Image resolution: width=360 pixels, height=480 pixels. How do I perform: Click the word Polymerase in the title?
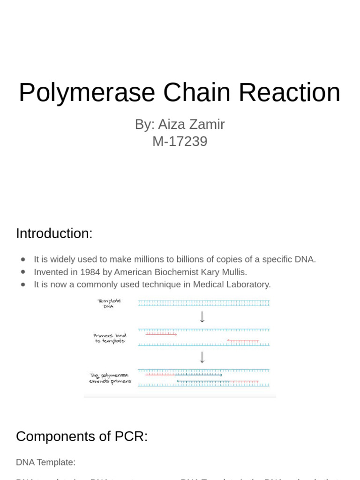(87, 92)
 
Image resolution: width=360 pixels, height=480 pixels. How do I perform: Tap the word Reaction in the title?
(289, 92)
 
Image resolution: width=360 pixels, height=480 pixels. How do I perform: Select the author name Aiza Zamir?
(191, 124)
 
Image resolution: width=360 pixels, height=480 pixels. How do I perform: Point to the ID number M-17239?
(180, 141)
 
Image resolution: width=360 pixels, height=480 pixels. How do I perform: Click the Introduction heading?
(54, 233)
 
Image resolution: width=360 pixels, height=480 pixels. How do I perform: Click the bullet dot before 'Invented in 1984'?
(23, 272)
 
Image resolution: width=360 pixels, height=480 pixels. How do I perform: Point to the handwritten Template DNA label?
(109, 303)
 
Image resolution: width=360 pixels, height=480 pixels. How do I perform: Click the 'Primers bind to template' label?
(110, 338)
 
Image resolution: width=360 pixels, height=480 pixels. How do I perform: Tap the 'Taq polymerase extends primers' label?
(110, 378)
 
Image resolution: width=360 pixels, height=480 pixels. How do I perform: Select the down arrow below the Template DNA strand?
(202, 317)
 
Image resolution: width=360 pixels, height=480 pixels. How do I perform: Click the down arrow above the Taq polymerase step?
(202, 357)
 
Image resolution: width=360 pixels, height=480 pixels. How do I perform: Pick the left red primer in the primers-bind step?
(161, 334)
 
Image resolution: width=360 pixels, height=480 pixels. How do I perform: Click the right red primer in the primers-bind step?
(243, 341)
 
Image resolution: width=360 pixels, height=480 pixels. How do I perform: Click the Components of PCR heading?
(82, 436)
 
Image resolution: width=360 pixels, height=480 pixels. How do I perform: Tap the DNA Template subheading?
(45, 462)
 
